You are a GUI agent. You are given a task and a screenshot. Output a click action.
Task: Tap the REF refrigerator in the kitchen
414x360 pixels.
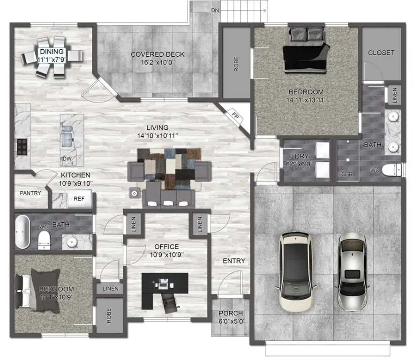[79, 199]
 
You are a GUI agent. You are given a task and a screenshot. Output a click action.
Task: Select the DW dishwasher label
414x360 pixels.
[68, 159]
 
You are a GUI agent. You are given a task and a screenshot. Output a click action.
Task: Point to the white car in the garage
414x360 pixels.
[295, 272]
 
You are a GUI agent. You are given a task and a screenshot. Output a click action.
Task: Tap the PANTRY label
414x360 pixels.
[30, 193]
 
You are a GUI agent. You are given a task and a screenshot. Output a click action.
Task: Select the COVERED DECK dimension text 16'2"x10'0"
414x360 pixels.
[157, 62]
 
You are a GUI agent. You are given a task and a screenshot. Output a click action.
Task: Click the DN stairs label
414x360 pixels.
[215, 9]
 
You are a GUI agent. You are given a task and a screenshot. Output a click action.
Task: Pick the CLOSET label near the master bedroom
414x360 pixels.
[381, 52]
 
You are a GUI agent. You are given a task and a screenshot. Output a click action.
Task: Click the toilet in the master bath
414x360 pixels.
[391, 170]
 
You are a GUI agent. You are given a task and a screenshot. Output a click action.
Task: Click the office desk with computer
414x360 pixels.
[165, 284]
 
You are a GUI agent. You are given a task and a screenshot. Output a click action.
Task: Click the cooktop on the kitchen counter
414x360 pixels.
[22, 146]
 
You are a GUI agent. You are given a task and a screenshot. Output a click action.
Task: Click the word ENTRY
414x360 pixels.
[233, 261]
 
